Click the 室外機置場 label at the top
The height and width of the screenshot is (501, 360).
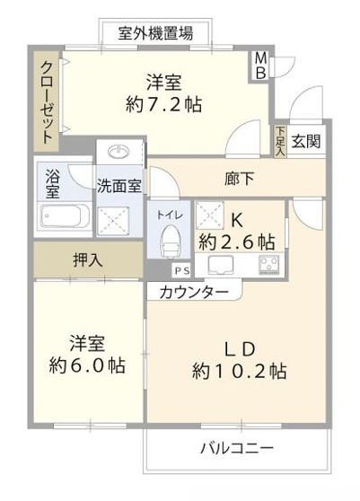[155, 33]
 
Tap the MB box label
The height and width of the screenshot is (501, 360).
[259, 66]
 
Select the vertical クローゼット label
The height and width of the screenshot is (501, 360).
[43, 101]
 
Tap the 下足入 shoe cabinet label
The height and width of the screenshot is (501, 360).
[278, 143]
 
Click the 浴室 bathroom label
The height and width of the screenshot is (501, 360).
[51, 184]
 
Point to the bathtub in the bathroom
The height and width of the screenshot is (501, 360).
[64, 217]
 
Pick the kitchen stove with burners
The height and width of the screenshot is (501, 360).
[268, 264]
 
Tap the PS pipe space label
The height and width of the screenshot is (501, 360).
[182, 269]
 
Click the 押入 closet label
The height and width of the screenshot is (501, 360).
[87, 260]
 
